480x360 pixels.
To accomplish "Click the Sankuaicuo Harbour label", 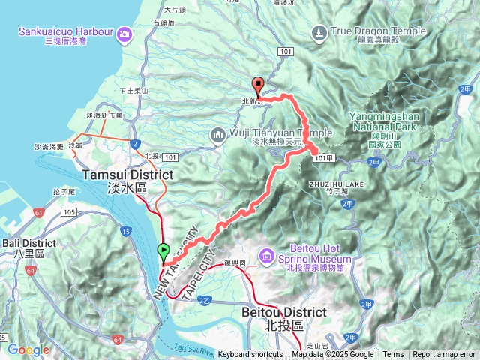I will pyautogui.click(x=68, y=33).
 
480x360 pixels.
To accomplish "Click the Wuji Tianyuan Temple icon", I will pyautogui.click(x=218, y=134).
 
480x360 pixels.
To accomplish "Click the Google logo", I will pyautogui.click(x=28, y=349).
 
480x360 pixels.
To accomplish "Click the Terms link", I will pyautogui.click(x=393, y=355).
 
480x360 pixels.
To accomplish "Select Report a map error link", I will pyautogui.click(x=444, y=355).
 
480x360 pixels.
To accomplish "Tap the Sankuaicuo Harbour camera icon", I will pyautogui.click(x=124, y=33).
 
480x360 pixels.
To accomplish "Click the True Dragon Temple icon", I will pyautogui.click(x=319, y=32).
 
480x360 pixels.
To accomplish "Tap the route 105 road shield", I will pyautogui.click(x=70, y=214).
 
